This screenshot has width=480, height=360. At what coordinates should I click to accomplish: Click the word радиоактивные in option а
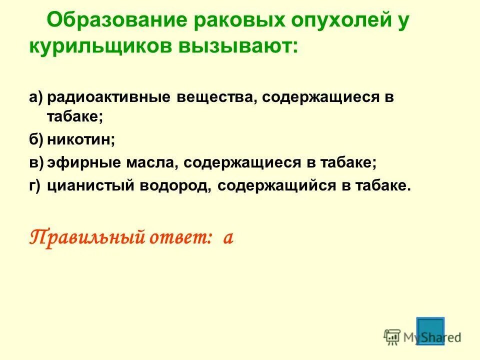pos(109,97)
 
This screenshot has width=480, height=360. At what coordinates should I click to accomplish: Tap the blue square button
pos(430,330)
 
